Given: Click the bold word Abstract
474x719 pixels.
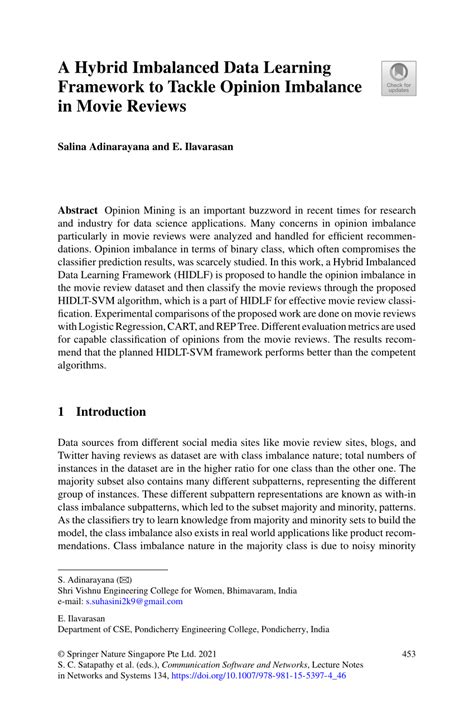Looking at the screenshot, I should click(77, 213).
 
